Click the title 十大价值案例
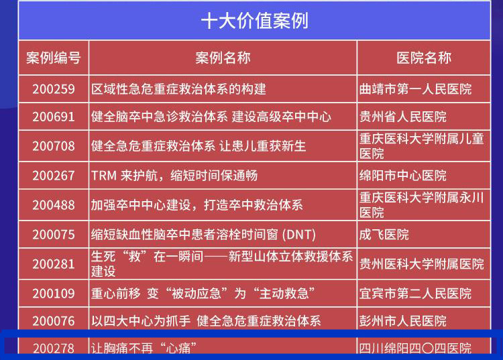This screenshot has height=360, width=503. [x=255, y=21]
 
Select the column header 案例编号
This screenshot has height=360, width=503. [x=53, y=58]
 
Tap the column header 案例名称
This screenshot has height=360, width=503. [x=223, y=58]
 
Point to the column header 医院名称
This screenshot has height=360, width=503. [x=424, y=58]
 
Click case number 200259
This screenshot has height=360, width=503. [x=54, y=89]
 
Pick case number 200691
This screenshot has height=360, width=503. [x=54, y=117]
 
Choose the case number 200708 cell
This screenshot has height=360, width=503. [x=54, y=146]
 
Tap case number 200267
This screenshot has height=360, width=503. [x=54, y=176]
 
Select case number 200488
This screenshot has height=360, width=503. [x=54, y=205]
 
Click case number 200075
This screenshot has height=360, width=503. [x=54, y=235]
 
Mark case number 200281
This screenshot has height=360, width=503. [x=54, y=264]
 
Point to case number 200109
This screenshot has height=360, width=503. [x=54, y=294]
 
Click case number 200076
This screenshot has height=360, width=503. [x=54, y=321]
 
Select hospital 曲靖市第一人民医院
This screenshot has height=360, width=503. [x=415, y=89]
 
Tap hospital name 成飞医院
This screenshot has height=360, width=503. [x=384, y=235]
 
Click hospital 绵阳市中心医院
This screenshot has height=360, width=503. [x=403, y=176]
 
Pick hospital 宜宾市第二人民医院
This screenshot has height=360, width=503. [x=415, y=294]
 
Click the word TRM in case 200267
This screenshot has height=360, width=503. [x=104, y=176]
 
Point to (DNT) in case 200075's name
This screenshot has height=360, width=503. [x=299, y=235]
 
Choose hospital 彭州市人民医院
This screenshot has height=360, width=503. [x=403, y=321]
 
